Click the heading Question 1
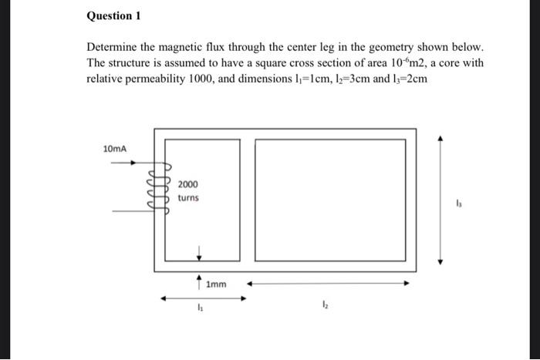click(113, 16)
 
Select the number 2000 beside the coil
click(187, 184)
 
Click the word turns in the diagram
click(187, 198)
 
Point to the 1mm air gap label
click(216, 284)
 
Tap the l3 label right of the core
click(460, 204)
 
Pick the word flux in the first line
click(223, 48)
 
